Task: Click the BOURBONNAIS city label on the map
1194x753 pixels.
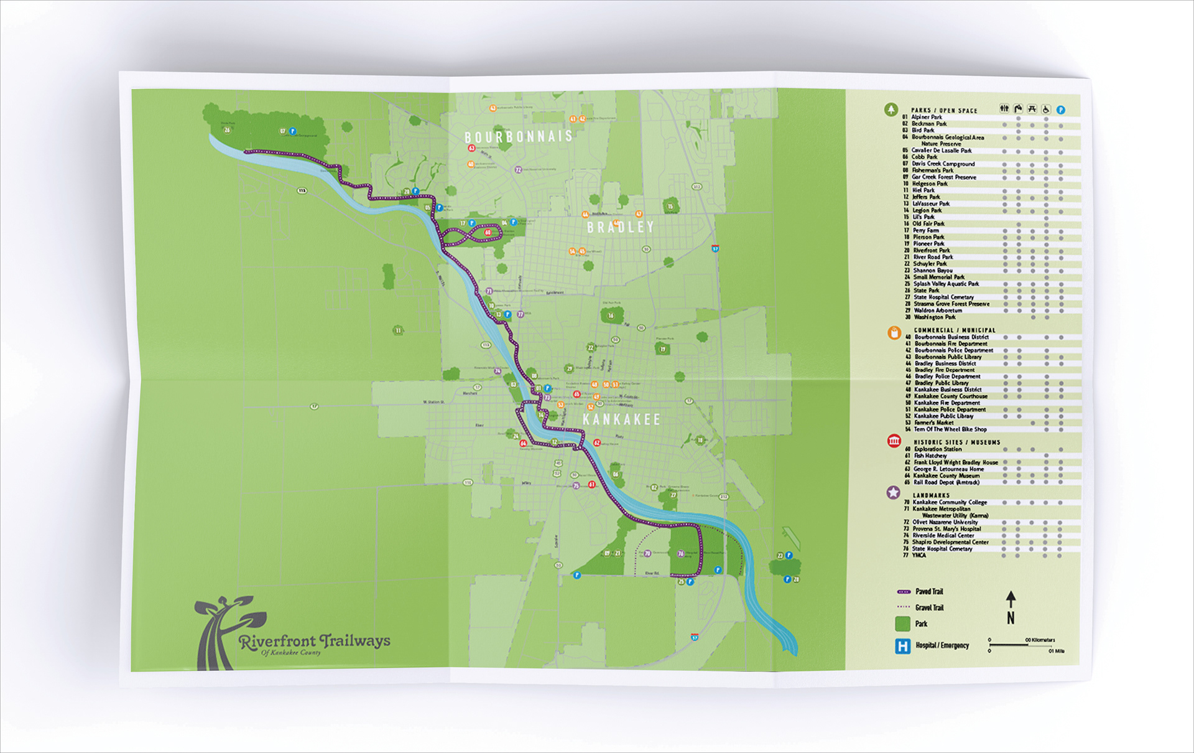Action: [519, 136]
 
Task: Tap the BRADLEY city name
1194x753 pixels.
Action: [621, 227]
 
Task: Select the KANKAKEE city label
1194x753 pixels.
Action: [621, 419]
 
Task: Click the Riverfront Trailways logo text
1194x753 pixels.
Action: [315, 641]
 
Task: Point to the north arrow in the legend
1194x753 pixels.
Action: [1011, 607]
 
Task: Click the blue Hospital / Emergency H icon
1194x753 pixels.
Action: [902, 646]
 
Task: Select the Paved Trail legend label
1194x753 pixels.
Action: [929, 592]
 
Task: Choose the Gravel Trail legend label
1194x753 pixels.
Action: [929, 608]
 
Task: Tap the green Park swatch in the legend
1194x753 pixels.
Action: [902, 624]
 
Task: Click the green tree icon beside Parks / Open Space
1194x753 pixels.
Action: [891, 110]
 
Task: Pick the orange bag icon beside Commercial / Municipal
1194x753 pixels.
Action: [894, 333]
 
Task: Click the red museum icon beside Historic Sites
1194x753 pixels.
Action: [894, 441]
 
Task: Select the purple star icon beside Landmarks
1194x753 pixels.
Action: [893, 493]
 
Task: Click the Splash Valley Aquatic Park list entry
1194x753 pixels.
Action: [945, 284]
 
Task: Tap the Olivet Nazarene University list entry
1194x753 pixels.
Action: [945, 522]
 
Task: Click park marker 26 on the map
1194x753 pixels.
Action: [227, 130]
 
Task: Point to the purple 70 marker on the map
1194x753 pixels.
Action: [647, 553]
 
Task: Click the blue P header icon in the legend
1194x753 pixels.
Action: [1061, 110]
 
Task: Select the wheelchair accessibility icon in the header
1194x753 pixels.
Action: [1046, 110]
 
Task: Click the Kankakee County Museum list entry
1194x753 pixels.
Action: [946, 475]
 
